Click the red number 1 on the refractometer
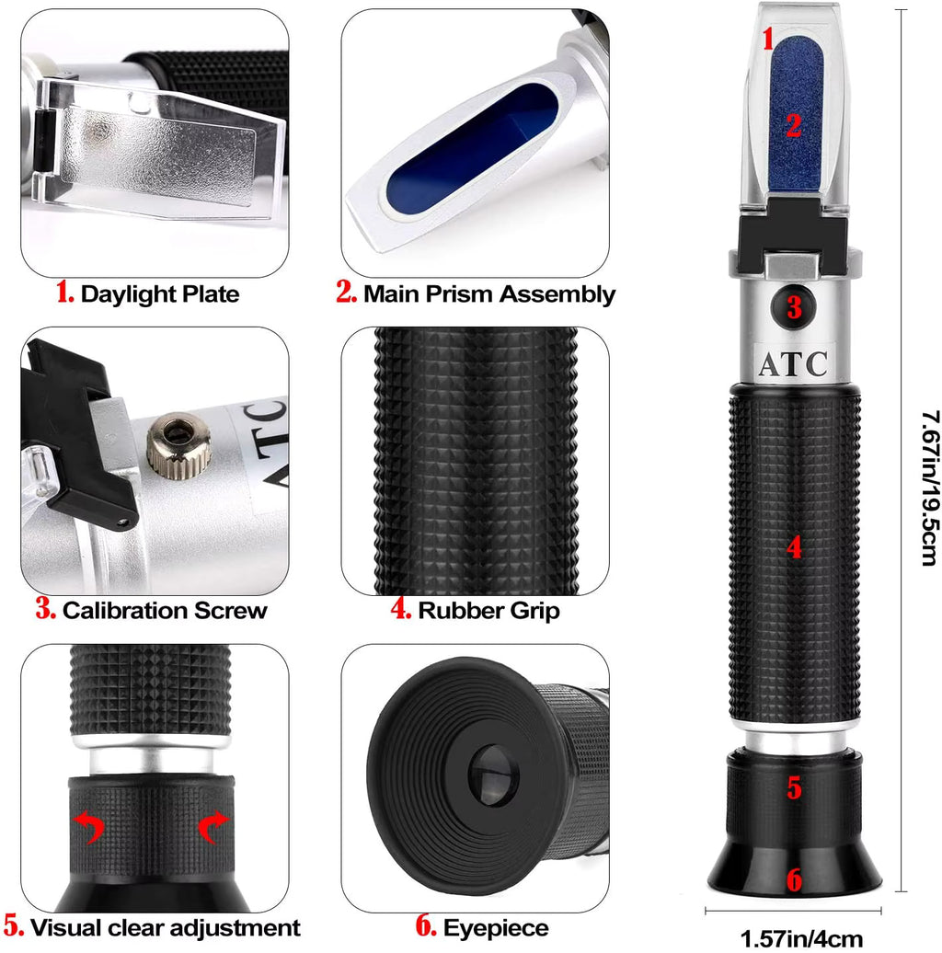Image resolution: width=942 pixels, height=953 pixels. pyautogui.click(x=770, y=39)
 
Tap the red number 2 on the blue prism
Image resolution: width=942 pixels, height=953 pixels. pyautogui.click(x=794, y=125)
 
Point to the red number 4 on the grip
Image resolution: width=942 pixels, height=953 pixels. pyautogui.click(x=795, y=547)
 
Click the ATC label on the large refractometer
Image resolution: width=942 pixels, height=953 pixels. pyautogui.click(x=793, y=363)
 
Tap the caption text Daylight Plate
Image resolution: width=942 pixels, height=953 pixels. pyautogui.click(x=159, y=294)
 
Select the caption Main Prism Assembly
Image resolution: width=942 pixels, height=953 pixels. pyautogui.click(x=488, y=294)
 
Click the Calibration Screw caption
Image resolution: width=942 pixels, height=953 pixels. pyautogui.click(x=165, y=610)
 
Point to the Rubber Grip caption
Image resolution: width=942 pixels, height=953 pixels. pyautogui.click(x=488, y=610)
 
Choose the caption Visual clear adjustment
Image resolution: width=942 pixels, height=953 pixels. pyautogui.click(x=165, y=928)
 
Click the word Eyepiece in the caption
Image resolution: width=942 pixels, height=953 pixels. pyautogui.click(x=495, y=928)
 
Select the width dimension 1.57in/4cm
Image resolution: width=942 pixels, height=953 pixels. pyautogui.click(x=801, y=938)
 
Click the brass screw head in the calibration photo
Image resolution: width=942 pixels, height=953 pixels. pyautogui.click(x=180, y=446)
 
